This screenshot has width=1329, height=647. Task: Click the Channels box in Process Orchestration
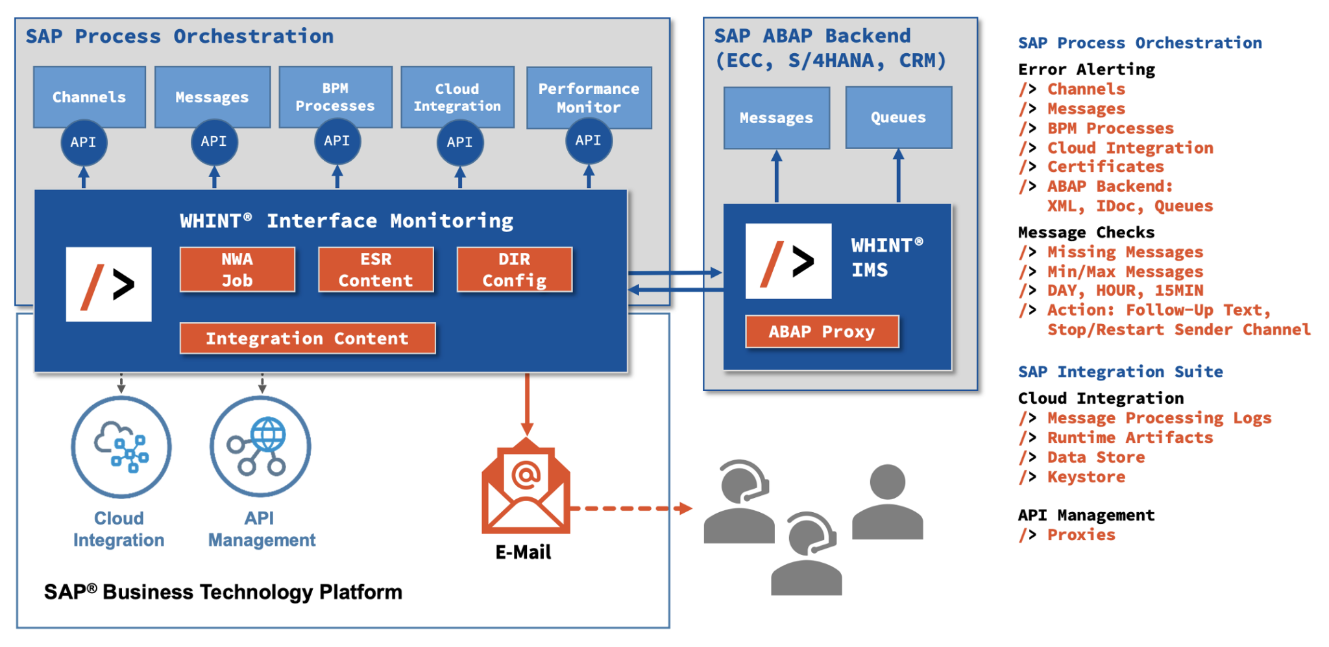point(89,97)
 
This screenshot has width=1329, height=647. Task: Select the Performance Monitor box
point(589,97)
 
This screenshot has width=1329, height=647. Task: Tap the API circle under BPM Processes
point(337,141)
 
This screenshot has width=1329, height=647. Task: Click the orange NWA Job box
point(237,270)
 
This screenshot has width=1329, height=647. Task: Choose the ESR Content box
point(376,270)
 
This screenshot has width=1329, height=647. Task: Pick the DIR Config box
point(514,270)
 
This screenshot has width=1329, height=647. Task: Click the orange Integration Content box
point(307,338)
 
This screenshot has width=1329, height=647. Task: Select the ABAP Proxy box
point(822,332)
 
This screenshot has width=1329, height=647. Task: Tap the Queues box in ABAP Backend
point(898,117)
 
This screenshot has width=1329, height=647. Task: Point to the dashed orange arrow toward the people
point(629,508)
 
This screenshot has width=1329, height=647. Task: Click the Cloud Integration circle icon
point(121,447)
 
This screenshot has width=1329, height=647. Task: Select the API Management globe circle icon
point(260,447)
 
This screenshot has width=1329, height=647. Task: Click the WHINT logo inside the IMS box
point(788,261)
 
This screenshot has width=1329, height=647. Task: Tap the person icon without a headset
point(887,502)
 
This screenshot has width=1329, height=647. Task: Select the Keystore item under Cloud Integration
point(1086,477)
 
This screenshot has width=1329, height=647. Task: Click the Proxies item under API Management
point(1080,535)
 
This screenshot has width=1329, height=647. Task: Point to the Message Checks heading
point(1086,232)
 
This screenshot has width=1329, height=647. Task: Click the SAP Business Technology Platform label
point(223,592)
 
